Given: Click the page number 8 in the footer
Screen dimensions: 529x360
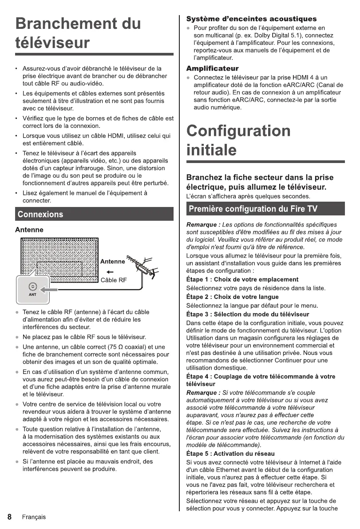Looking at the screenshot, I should click(9, 517).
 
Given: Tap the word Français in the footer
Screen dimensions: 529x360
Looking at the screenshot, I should click(34, 517).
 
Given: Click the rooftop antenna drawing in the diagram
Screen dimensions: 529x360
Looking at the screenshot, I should click(142, 266).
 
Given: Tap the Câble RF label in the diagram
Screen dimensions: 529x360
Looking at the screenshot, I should click(114, 280).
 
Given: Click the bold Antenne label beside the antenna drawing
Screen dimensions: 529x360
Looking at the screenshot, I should click(112, 262).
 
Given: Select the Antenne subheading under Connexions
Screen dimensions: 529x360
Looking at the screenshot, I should click(29, 230).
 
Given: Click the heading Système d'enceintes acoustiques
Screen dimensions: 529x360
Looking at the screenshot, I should click(251, 19).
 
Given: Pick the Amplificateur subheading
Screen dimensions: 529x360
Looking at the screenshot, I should click(212, 68).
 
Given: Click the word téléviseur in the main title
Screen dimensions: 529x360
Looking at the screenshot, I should click(52, 43).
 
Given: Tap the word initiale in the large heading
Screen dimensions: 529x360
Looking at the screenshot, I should click(211, 150).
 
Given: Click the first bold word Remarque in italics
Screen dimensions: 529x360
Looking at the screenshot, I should click(202, 224).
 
